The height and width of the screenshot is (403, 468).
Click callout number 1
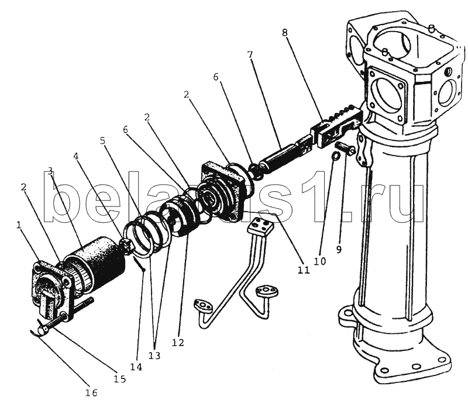pyautogui.click(x=19, y=225)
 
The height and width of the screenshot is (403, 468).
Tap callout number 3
pyautogui.click(x=50, y=171)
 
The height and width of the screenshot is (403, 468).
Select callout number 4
pyautogui.click(x=76, y=156)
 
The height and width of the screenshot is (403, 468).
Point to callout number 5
pyautogui.click(x=103, y=140)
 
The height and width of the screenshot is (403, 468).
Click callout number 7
pyautogui.click(x=250, y=55)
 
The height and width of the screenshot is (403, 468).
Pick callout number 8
pyautogui.click(x=284, y=32)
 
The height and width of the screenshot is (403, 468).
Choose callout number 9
pyautogui.click(x=339, y=249)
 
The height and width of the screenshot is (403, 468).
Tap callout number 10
pyautogui.click(x=319, y=261)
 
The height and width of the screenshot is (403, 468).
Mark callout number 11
pyautogui.click(x=304, y=270)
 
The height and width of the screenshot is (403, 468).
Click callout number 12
pyautogui.click(x=178, y=342)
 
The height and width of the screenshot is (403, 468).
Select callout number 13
pyautogui.click(x=154, y=356)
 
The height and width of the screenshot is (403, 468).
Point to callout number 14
pyautogui.click(x=136, y=367)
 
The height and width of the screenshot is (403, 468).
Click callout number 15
pyautogui.click(x=119, y=379)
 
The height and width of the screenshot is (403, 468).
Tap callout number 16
pyautogui.click(x=91, y=393)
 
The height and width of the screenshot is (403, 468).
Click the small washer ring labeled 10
pyautogui.click(x=336, y=156)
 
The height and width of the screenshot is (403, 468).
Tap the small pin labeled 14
pyautogui.click(x=139, y=264)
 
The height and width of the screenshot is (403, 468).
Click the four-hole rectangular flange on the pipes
pyautogui.click(x=260, y=226)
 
